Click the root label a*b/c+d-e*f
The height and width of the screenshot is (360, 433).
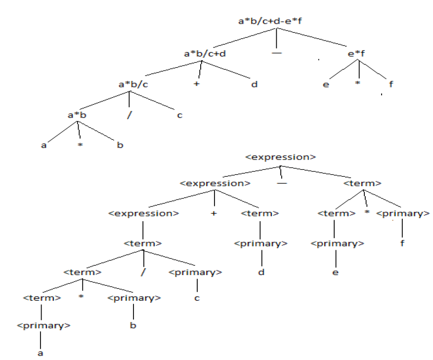pos(275,21)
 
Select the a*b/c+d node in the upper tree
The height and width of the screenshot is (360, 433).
pos(205,53)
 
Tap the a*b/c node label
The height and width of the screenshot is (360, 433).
pos(133,84)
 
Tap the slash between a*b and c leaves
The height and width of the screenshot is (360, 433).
pos(129,116)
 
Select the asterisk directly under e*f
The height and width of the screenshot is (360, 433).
pos(357,84)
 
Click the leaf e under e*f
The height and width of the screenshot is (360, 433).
pos(326,84)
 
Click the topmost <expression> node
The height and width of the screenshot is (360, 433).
pos(280,158)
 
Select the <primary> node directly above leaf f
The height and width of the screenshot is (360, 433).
pos(403,214)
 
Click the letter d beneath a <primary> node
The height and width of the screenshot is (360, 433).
pos(260,273)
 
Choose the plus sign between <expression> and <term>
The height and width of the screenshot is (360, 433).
pos(214,214)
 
